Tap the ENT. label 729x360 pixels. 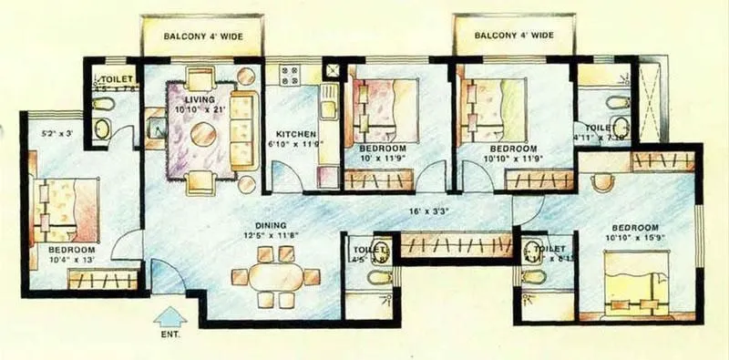coord(169,335)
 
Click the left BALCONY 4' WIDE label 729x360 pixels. coord(202,36)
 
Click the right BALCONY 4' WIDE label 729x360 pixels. coord(514,36)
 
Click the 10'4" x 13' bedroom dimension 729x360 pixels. coord(72,261)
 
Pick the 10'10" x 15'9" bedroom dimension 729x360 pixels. coord(635,239)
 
